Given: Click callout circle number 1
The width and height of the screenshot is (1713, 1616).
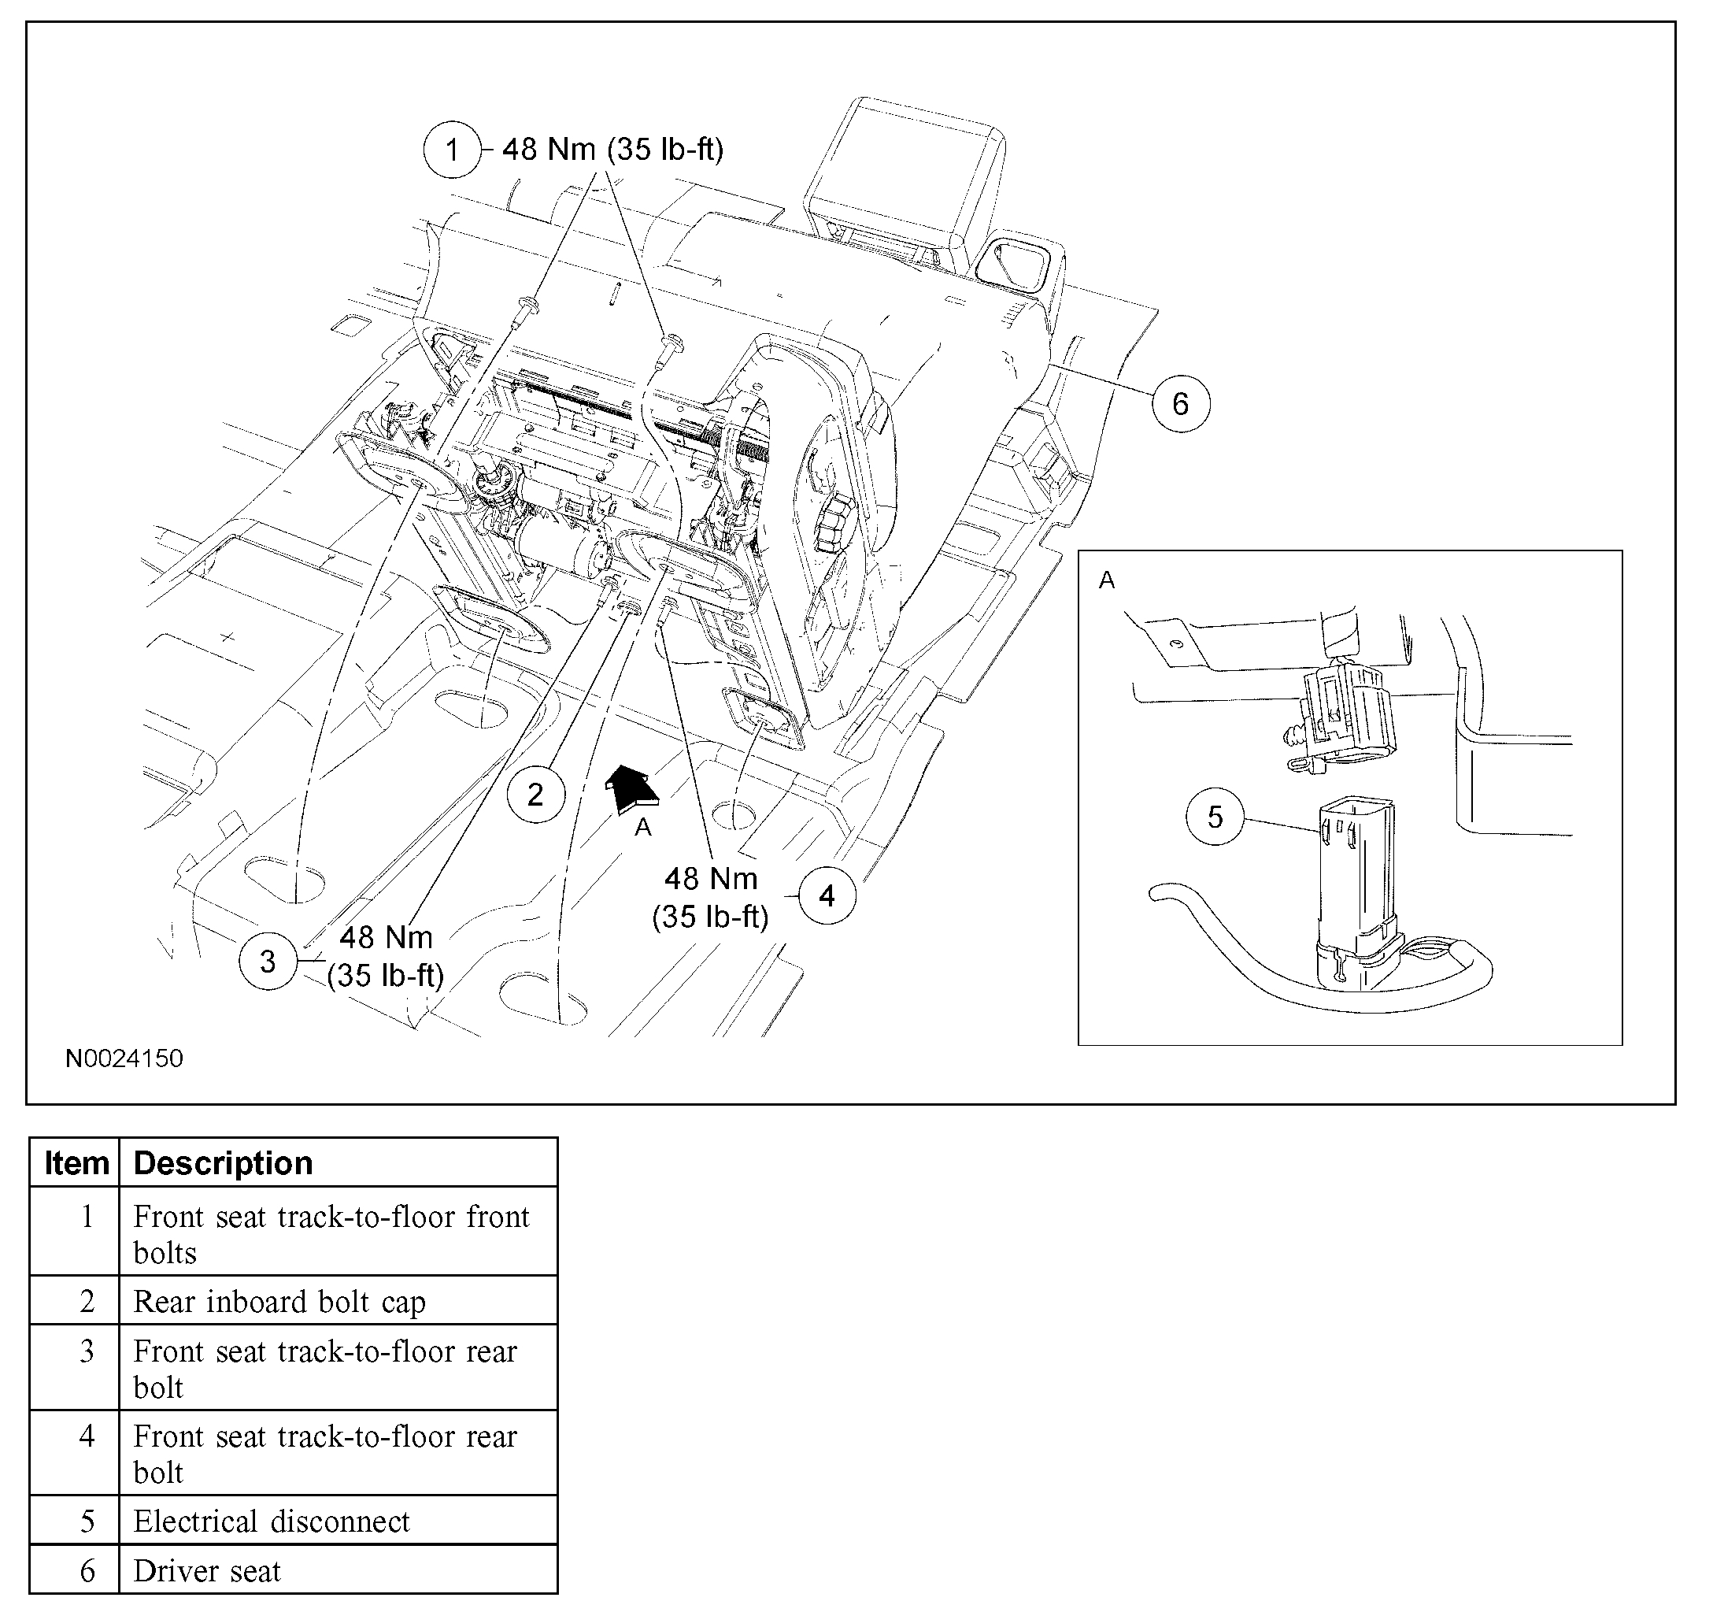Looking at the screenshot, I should [x=452, y=150].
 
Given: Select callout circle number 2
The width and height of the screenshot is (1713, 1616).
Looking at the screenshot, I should [x=535, y=794].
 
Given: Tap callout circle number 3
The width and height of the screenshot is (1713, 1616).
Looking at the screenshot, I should [x=268, y=961].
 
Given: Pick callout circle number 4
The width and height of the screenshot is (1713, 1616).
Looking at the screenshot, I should [x=827, y=896].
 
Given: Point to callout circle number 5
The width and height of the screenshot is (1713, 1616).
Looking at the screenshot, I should [x=1215, y=816].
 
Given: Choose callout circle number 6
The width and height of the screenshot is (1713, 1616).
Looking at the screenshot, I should [x=1181, y=403].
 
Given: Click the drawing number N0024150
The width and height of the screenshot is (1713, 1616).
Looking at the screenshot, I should [x=124, y=1058].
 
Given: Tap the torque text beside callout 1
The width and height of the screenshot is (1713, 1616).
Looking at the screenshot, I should [x=612, y=149].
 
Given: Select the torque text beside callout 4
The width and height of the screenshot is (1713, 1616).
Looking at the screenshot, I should [x=710, y=897].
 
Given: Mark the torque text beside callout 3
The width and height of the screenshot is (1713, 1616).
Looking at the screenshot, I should [x=385, y=956].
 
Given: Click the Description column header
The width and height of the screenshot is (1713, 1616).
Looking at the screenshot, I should [x=223, y=1162].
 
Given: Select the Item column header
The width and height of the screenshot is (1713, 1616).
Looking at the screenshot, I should [x=76, y=1162].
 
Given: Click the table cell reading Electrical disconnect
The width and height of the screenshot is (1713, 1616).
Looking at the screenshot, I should [x=272, y=1521].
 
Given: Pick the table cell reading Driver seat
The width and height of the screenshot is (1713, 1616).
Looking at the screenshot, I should [x=208, y=1570].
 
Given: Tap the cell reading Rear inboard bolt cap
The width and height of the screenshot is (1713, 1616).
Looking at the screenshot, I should [x=279, y=1302].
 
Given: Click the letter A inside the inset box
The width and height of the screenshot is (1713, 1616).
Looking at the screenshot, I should [x=1106, y=581].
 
